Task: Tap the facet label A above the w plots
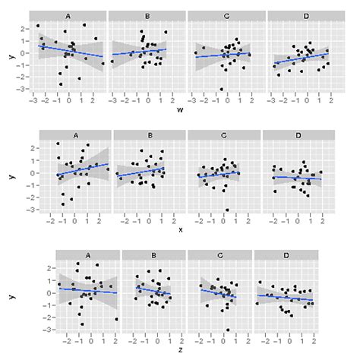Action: point(68,16)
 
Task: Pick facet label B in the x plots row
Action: point(150,135)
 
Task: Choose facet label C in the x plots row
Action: point(224,135)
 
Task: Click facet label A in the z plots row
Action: point(81,255)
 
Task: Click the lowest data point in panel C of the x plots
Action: point(227,210)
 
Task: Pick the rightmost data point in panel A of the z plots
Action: point(116,320)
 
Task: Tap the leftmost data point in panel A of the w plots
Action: point(38,26)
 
